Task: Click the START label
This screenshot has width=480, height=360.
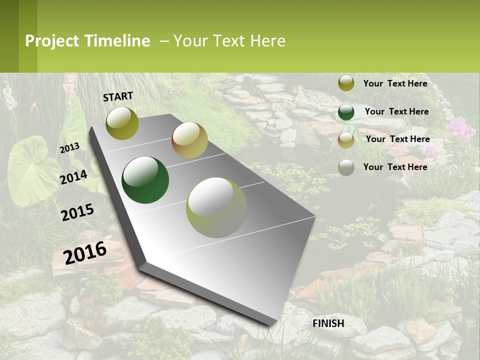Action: pos(118,96)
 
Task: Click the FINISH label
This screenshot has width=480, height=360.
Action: pos(328,323)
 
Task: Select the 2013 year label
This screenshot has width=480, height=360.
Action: pos(70,148)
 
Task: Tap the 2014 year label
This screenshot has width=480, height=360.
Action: pos(74,177)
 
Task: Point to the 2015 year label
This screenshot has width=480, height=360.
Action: pos(77,212)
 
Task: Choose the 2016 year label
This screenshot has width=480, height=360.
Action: pos(85,252)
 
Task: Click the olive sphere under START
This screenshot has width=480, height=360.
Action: pos(122,123)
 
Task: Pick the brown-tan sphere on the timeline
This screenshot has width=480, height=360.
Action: pos(189,140)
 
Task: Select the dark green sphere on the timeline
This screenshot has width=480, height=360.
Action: pos(145,180)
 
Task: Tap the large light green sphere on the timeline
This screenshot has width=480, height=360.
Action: pos(216,207)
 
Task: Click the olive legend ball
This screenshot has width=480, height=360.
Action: pos(346,83)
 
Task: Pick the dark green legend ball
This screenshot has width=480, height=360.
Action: pos(346,112)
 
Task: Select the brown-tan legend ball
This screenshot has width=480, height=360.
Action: pos(346,140)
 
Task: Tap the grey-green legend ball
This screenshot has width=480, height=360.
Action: pos(346,167)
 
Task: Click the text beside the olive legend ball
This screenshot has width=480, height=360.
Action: pos(395,83)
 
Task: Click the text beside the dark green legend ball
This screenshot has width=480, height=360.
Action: pos(396,111)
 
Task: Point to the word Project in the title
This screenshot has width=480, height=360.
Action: pos(52,41)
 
